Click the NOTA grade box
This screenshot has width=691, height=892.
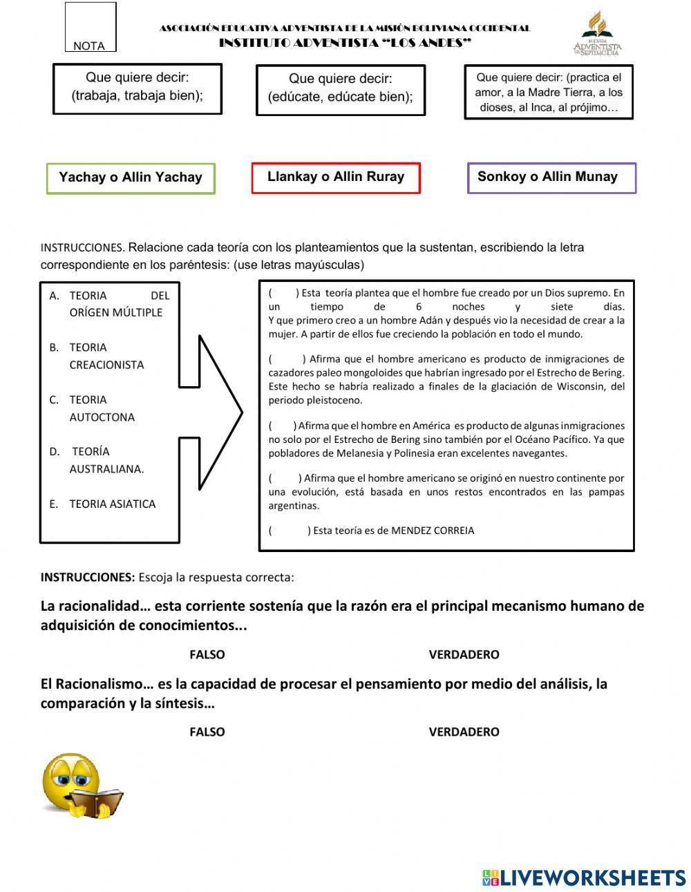click(91, 27)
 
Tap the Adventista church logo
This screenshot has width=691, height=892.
click(597, 32)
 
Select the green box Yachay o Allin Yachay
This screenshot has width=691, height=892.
click(131, 178)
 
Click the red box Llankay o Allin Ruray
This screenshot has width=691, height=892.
click(336, 178)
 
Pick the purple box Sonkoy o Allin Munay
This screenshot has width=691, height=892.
click(551, 178)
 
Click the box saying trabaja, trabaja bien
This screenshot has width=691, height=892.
click(138, 89)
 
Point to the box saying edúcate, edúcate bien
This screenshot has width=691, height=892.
click(341, 90)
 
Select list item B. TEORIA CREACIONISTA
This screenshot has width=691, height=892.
click(107, 356)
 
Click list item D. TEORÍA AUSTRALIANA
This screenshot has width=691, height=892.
click(107, 460)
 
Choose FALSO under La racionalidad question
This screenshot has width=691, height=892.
click(207, 654)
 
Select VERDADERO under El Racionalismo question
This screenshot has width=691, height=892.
click(464, 732)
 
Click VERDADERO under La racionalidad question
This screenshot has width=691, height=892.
click(464, 654)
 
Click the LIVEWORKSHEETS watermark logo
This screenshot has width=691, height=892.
click(584, 877)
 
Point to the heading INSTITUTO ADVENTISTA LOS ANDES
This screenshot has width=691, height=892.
click(345, 43)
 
